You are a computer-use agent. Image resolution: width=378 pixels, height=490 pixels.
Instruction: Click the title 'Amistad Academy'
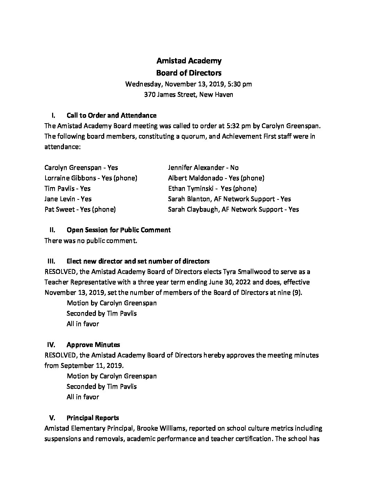pyautogui.click(x=189, y=61)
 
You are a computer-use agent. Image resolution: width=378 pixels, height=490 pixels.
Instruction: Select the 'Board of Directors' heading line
pyautogui.click(x=189, y=73)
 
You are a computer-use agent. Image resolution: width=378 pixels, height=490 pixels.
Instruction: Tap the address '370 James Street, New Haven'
pyautogui.click(x=189, y=94)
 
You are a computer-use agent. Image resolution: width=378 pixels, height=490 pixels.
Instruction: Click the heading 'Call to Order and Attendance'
pyautogui.click(x=111, y=115)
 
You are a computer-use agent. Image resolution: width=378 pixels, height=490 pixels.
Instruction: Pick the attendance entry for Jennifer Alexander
pyautogui.click(x=203, y=168)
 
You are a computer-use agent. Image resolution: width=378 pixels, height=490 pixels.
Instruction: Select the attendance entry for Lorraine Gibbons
pyautogui.click(x=91, y=178)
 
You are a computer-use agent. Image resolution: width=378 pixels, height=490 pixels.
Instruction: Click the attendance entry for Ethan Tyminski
pyautogui.click(x=212, y=189)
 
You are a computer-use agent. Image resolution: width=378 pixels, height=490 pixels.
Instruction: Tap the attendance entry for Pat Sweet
pyautogui.click(x=80, y=210)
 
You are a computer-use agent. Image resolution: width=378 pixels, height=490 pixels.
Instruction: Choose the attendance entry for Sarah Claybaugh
pyautogui.click(x=233, y=210)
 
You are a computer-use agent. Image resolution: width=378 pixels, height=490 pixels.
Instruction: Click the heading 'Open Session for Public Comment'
pyautogui.click(x=118, y=230)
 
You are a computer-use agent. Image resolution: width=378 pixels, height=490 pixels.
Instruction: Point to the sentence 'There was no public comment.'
pyautogui.click(x=91, y=240)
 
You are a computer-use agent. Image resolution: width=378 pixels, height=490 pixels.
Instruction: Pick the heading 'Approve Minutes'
pyautogui.click(x=93, y=345)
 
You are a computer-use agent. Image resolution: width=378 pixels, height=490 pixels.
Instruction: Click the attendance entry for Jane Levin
pyautogui.click(x=68, y=199)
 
